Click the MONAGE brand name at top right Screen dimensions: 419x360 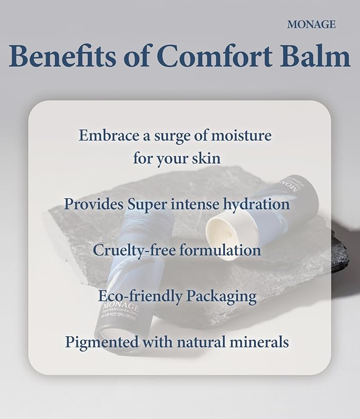pyautogui.click(x=311, y=24)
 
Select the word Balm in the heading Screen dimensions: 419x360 pyautogui.click(x=319, y=56)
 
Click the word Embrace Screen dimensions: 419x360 pyautogui.click(x=108, y=135)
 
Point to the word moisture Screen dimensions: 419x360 pyautogui.click(x=242, y=135)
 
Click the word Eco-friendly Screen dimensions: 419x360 pyautogui.click(x=131, y=296)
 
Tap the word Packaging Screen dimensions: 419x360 pyautogui.click(x=221, y=296)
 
